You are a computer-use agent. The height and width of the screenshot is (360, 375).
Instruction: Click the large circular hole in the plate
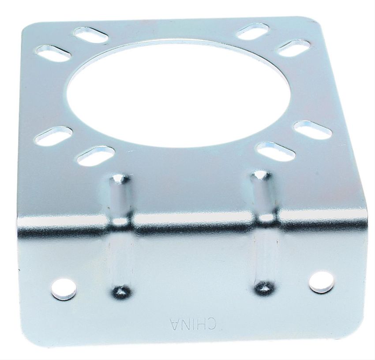tap(180, 95)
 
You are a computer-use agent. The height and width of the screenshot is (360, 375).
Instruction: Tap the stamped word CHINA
tap(193, 324)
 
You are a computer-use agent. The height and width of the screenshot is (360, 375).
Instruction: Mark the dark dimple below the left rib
tap(121, 290)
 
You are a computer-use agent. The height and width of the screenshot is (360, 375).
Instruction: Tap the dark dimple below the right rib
tap(264, 287)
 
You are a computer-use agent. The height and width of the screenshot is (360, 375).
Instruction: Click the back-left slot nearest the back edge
tap(91, 36)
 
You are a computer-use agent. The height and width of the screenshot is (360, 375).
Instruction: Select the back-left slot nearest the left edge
tap(54, 54)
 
